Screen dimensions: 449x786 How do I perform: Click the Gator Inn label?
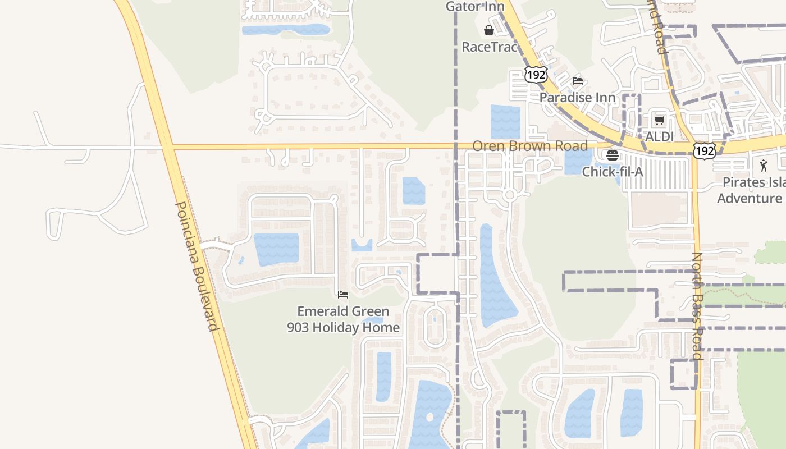[475, 7]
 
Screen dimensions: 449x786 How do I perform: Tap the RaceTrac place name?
[489, 47]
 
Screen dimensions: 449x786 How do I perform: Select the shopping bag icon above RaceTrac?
[489, 30]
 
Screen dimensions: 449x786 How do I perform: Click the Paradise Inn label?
[577, 97]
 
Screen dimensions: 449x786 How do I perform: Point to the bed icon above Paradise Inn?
[578, 81]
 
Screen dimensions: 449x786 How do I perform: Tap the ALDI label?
[659, 136]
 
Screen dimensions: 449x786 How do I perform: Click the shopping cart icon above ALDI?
[660, 120]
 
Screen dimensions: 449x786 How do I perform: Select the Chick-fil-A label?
[613, 172]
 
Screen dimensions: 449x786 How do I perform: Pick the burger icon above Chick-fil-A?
[613, 155]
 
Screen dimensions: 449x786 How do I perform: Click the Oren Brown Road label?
[530, 146]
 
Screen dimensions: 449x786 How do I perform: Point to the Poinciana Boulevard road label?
[196, 266]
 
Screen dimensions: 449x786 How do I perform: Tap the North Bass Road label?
[697, 306]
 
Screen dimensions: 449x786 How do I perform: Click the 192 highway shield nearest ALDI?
[704, 150]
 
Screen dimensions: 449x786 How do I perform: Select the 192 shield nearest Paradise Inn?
[536, 74]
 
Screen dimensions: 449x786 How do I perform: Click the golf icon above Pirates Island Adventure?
[764, 166]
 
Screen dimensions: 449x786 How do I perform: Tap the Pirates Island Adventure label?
[751, 190]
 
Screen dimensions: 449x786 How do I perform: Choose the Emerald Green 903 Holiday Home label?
[343, 319]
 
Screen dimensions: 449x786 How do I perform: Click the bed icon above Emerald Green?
[343, 295]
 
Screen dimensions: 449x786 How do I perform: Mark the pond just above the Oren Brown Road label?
[505, 121]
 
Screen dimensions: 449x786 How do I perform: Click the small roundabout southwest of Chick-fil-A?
[509, 195]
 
